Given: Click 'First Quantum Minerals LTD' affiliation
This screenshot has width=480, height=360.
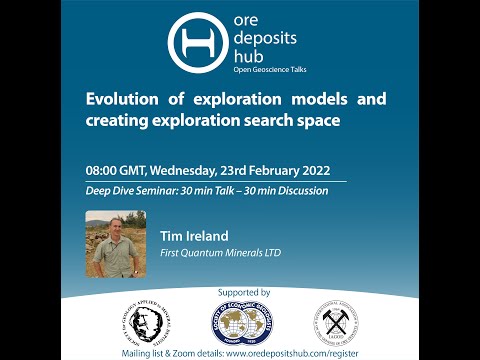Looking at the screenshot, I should [x=221, y=253].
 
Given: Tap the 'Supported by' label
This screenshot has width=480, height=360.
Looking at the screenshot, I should [x=241, y=292].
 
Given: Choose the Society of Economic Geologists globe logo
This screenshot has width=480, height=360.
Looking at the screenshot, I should [x=242, y=324].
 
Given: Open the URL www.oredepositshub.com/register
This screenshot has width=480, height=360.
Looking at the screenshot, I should [x=300, y=352].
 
